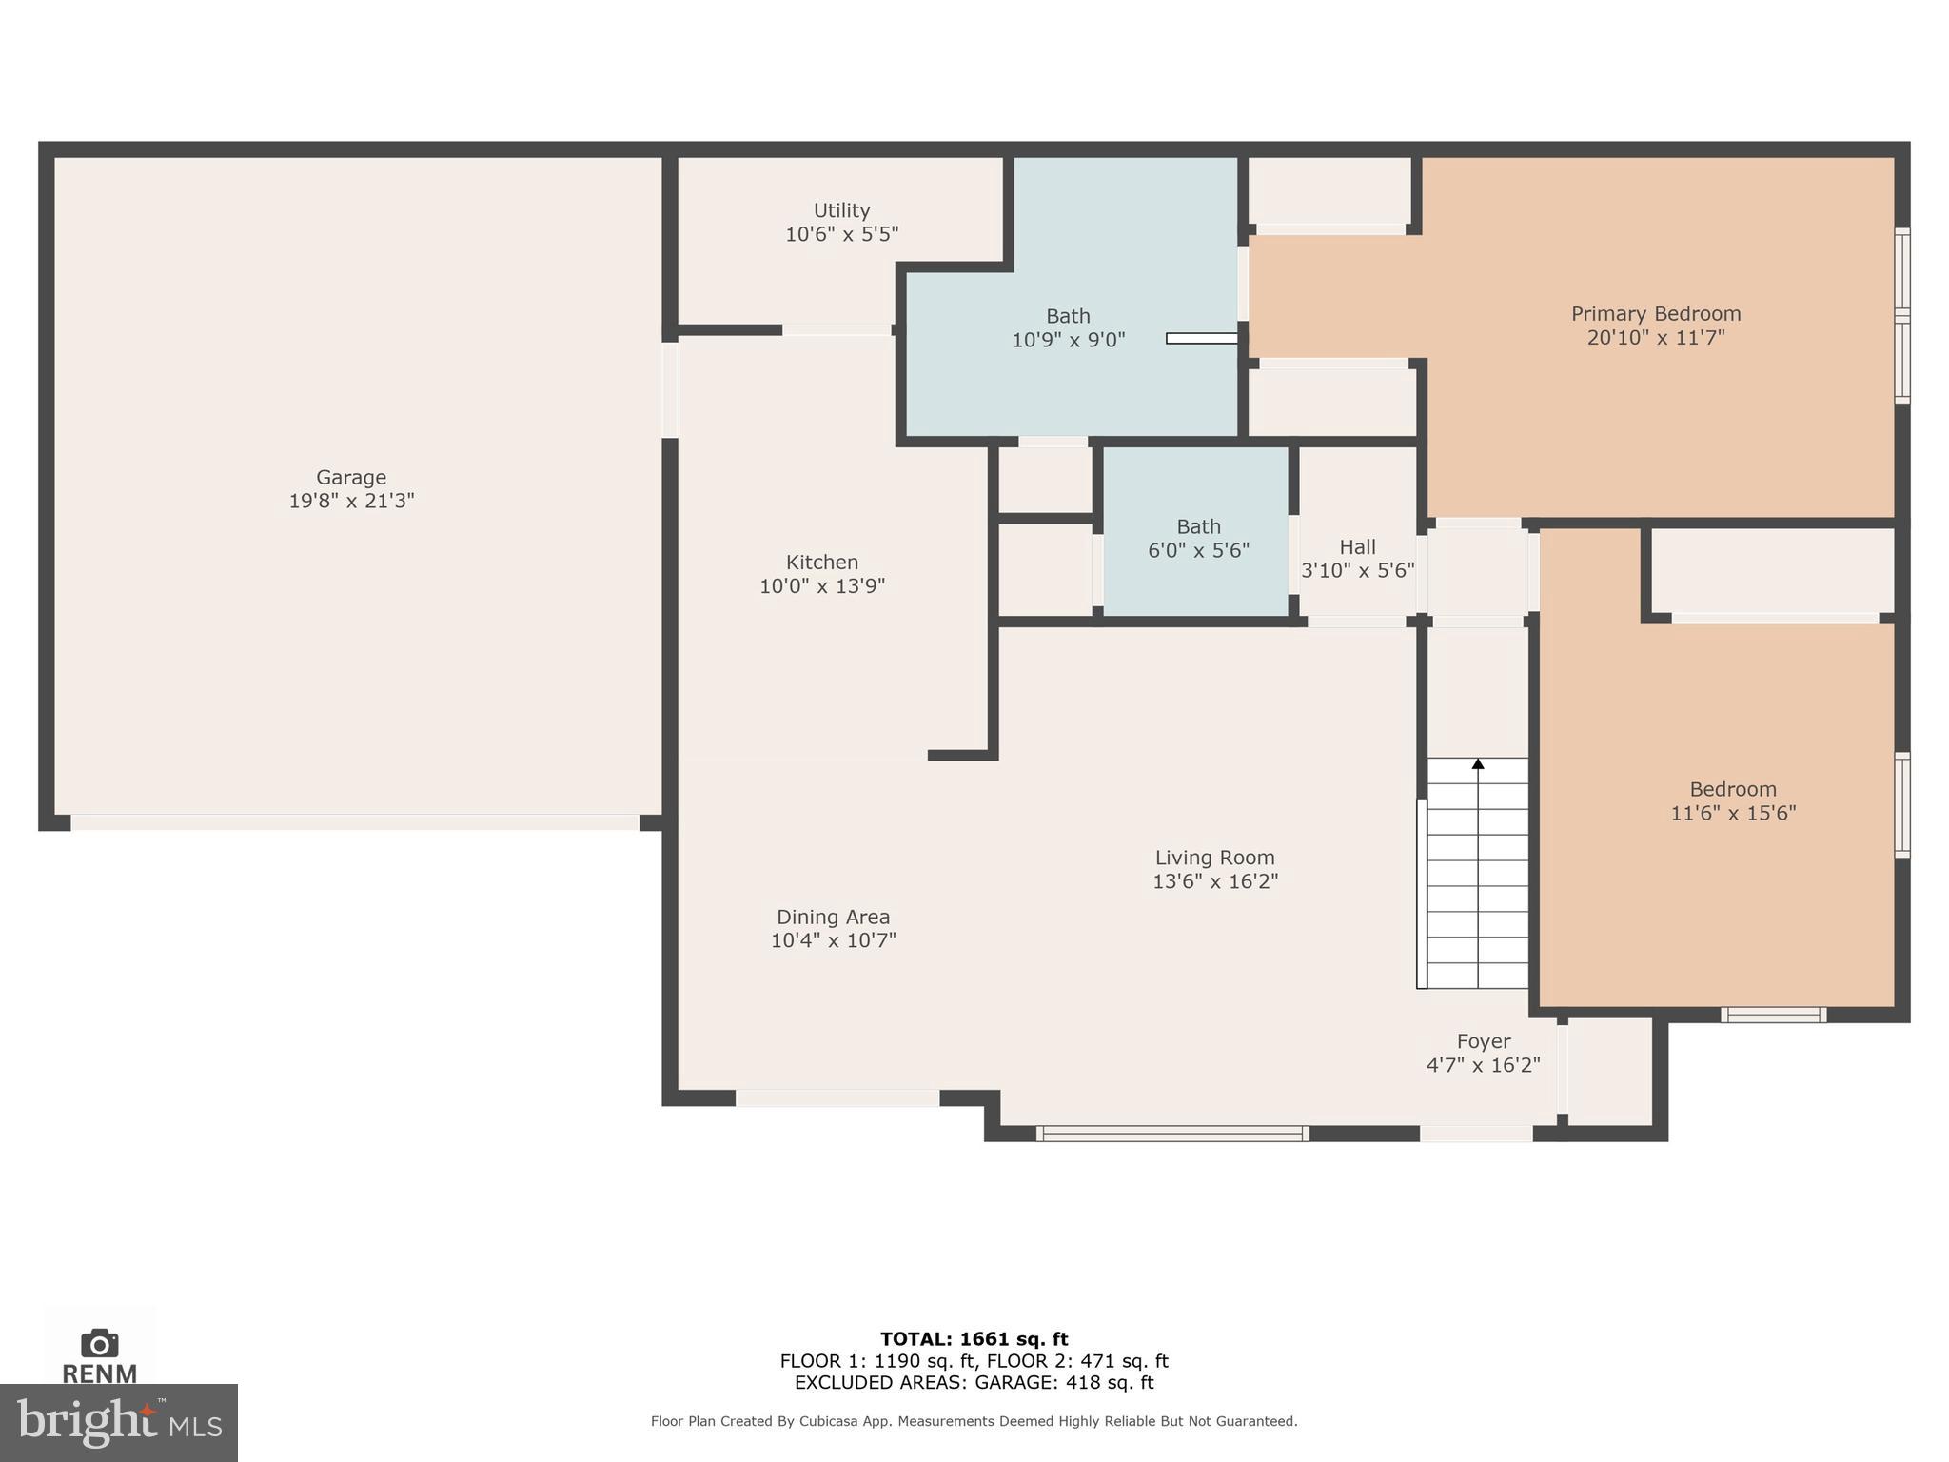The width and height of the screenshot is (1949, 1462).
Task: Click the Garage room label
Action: click(351, 478)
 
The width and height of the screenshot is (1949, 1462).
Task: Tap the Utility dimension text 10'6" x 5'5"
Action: click(841, 234)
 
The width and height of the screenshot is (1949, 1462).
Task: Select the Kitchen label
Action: click(822, 563)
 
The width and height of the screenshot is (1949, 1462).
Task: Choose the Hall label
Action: click(1357, 547)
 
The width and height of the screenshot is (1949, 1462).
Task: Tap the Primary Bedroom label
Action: click(1655, 314)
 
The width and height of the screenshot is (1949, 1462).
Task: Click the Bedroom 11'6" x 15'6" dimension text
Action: click(1733, 813)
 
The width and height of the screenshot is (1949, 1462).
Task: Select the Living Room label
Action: click(1214, 858)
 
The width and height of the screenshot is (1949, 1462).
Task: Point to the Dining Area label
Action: click(833, 918)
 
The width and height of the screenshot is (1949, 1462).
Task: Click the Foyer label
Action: click(1483, 1041)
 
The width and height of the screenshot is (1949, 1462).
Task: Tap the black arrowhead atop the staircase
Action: click(1478, 763)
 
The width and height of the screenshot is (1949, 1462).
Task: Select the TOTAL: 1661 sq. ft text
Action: click(974, 1339)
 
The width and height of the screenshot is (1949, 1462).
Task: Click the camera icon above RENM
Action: click(100, 1343)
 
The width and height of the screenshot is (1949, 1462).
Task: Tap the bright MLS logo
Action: click(118, 1422)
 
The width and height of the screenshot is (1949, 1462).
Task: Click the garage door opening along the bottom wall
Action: click(355, 822)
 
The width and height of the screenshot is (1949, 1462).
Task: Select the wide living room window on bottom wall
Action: click(1171, 1134)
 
